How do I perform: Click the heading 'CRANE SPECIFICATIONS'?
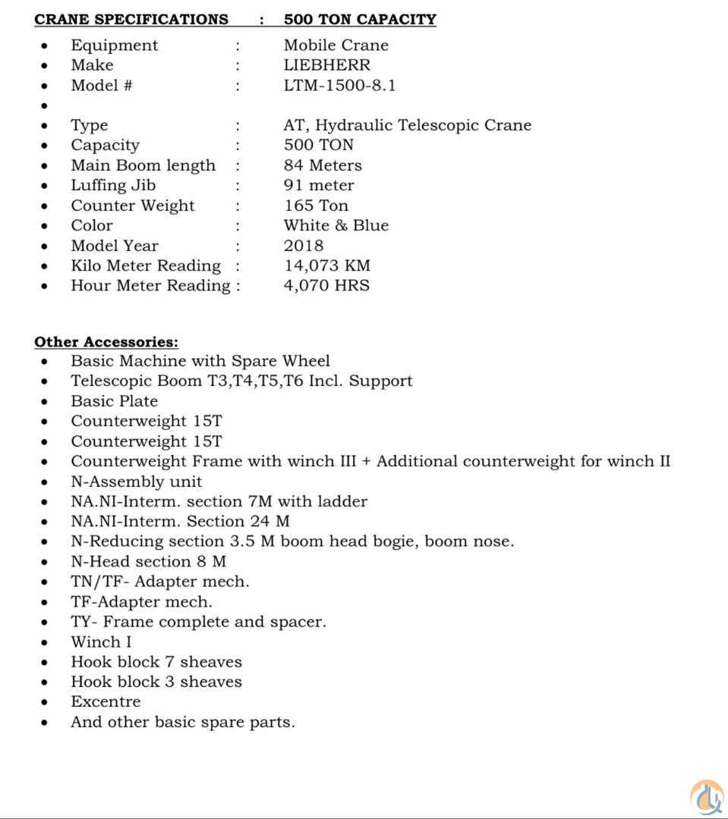pos(131,20)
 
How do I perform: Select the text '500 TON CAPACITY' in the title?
pos(360,20)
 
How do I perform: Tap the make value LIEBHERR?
pos(327,65)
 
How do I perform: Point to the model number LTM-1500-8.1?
pos(339,85)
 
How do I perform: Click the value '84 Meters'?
pos(323,165)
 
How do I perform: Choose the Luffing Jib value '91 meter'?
pos(319,185)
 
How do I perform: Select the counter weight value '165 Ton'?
pos(316,206)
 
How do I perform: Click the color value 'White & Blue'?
pos(336,225)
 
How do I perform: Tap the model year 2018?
pos(304,246)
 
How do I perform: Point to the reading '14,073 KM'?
pos(327,265)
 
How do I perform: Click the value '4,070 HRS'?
pos(326,286)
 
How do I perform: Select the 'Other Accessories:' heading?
pos(106,342)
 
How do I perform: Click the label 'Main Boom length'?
pos(143,165)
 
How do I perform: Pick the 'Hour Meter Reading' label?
pos(150,286)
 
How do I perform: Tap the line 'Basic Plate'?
pos(114,401)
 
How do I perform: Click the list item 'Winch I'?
pos(101,642)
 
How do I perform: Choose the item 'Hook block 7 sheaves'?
pos(156,662)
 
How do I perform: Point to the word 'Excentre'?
pos(106,701)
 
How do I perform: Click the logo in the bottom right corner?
pos(706,797)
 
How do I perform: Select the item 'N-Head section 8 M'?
pos(148,561)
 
